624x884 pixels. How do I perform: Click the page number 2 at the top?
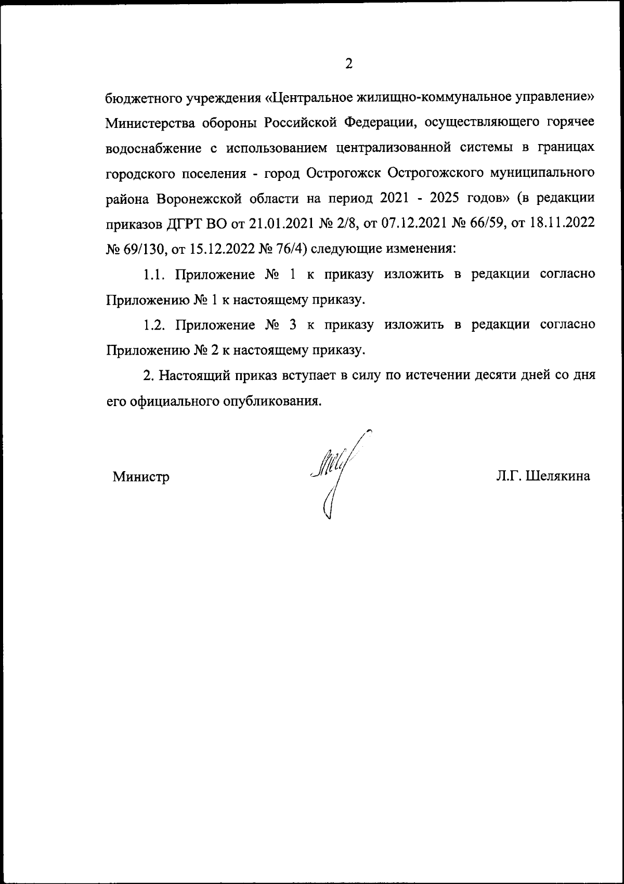(x=348, y=64)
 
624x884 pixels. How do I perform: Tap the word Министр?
(x=141, y=476)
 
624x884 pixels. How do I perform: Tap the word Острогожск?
(x=345, y=173)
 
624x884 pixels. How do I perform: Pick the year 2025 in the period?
(x=473, y=199)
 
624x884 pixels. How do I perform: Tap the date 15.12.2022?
(x=225, y=249)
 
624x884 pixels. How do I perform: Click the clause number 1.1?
(x=154, y=275)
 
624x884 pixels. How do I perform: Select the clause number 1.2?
(x=154, y=325)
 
